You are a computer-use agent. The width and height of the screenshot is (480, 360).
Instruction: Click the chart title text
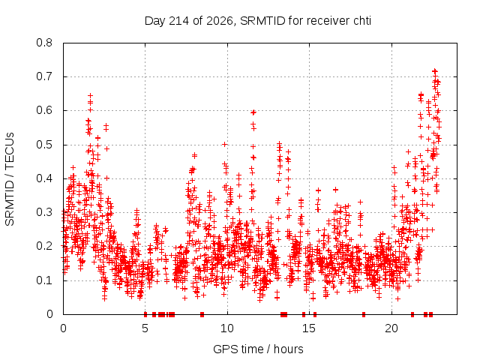pos(258,21)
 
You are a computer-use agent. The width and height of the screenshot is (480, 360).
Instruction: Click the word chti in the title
pos(362,21)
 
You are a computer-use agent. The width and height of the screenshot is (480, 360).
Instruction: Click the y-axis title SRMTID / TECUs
pos(10,179)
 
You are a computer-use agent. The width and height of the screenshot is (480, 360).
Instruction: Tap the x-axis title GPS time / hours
pos(258,349)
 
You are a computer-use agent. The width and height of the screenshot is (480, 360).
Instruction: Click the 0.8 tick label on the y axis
pos(44,43)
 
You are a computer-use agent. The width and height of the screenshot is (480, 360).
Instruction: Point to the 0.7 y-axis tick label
pos(44,76)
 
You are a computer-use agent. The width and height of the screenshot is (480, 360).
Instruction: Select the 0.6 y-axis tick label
pos(44,110)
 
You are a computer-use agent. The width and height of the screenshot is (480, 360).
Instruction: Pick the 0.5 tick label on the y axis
pos(44,145)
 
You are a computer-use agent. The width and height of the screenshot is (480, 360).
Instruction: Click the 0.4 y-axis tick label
pos(44,178)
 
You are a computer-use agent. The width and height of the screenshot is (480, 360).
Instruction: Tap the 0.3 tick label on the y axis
pos(44,212)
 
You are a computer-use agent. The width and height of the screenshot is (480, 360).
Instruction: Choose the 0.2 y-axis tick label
pos(44,246)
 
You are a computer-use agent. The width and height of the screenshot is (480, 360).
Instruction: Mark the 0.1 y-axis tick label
pos(44,280)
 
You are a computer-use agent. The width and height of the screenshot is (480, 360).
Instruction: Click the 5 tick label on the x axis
pos(145,328)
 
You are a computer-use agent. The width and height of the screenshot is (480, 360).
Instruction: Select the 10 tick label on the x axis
pos(227,328)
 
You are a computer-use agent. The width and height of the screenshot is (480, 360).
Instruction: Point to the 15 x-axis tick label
pos(309,328)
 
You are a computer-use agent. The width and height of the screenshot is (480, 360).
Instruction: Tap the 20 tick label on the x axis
pos(391,328)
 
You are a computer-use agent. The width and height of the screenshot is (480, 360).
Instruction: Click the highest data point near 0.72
pos(434,71)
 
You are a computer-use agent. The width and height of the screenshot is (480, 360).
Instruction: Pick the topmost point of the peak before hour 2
pos(90,95)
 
